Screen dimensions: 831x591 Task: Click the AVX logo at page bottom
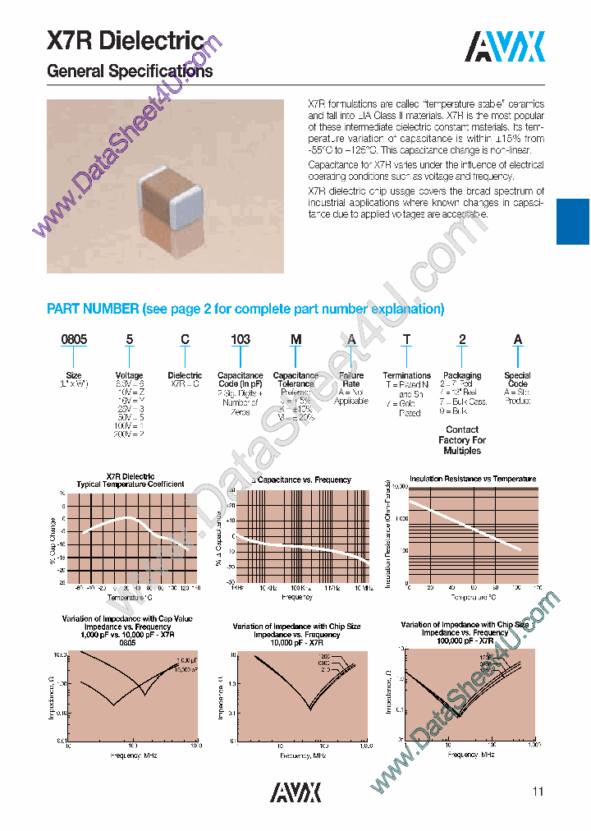296,791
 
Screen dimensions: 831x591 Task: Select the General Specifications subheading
130,71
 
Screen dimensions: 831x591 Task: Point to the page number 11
538,792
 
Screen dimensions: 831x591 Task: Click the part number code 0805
75,339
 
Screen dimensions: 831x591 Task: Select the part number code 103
240,339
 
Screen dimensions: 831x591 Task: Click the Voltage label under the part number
130,375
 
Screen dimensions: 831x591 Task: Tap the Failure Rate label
350,379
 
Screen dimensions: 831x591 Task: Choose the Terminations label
406,375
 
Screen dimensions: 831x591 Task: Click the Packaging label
462,375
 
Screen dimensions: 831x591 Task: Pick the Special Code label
517,379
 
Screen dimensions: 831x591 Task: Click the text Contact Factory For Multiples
462,440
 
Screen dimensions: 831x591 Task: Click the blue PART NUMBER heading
245,310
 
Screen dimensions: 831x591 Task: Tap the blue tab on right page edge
573,221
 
